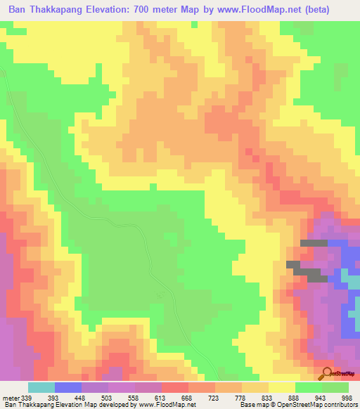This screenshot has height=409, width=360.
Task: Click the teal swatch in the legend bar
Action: (x=41, y=387)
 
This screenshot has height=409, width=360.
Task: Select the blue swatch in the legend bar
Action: (x=67, y=387)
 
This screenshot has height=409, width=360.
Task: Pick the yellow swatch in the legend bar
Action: (x=281, y=387)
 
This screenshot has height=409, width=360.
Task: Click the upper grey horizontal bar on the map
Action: (x=314, y=242)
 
